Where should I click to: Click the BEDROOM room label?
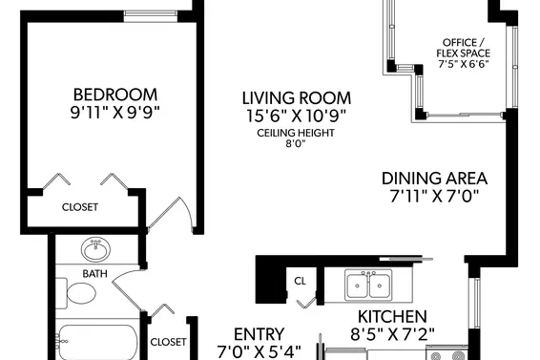(115, 95)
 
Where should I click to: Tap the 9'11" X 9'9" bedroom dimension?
(115, 113)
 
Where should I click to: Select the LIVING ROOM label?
(297, 98)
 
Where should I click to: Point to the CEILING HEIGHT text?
(296, 133)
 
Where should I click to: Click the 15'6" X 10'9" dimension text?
(296, 116)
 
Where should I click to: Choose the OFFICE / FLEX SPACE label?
(464, 48)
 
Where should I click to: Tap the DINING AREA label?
(435, 179)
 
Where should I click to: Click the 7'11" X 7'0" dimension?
(435, 196)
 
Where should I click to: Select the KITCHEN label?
(393, 316)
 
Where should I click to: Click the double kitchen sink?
(368, 285)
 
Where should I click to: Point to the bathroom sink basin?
(96, 249)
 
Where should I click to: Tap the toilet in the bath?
(76, 293)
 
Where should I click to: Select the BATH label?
(95, 274)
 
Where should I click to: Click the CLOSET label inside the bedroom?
(80, 207)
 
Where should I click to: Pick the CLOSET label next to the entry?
(169, 342)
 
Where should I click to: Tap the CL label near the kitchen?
(300, 282)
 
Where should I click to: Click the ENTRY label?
(260, 334)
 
